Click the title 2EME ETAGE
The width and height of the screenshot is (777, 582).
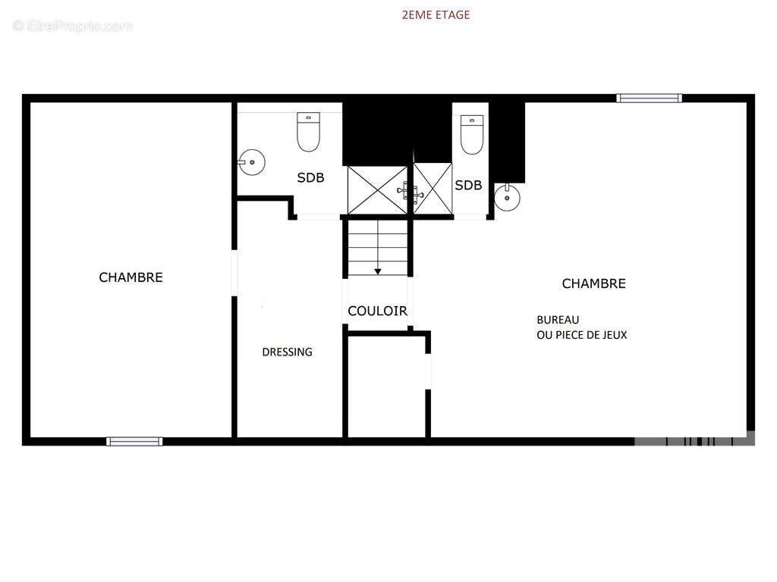[x=436, y=15]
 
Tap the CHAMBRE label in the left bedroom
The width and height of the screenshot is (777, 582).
[x=131, y=277]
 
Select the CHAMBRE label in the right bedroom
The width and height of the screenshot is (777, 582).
[x=593, y=283]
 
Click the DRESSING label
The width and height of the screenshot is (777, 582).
[x=288, y=352]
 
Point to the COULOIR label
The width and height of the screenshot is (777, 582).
[x=378, y=311]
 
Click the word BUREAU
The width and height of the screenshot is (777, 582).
[x=558, y=320]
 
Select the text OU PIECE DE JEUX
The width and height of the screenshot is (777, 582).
[x=582, y=335]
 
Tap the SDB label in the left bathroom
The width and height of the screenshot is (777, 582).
[x=310, y=177]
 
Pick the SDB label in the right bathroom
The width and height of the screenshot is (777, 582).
[x=468, y=185]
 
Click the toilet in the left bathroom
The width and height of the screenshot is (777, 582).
[x=308, y=132]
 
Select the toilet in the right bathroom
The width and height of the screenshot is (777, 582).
[x=472, y=135]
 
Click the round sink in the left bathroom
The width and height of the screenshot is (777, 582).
[x=252, y=162]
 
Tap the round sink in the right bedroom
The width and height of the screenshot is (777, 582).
[x=507, y=198]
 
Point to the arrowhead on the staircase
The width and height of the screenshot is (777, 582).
[x=378, y=272]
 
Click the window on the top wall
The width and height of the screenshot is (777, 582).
[x=650, y=98]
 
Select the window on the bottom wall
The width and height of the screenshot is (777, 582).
[x=134, y=442]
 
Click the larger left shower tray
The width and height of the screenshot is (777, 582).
[x=378, y=190]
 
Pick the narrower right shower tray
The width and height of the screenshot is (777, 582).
[x=433, y=189]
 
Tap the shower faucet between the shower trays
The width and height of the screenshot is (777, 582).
[x=411, y=192]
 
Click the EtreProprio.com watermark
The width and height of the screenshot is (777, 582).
[x=73, y=27]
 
